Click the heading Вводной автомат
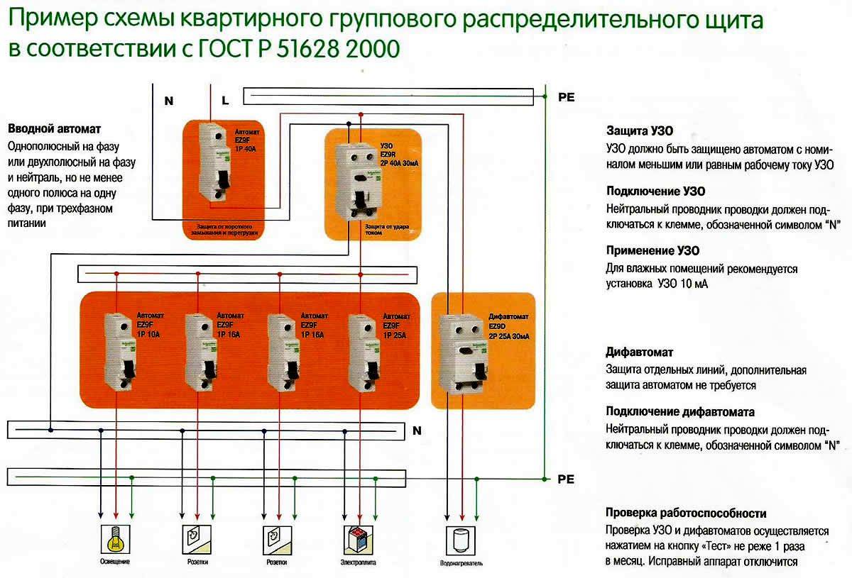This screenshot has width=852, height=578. point(55,129)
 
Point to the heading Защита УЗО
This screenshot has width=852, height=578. point(640,132)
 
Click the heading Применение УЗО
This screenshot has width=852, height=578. point(652,251)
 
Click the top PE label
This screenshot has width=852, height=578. point(566,98)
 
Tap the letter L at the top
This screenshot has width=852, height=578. point(224,101)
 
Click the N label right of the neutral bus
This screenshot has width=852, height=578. point(417,430)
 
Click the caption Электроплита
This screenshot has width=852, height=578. point(358,562)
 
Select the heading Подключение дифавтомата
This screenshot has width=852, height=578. point(679,412)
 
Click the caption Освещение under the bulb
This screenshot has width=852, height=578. point(114,562)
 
